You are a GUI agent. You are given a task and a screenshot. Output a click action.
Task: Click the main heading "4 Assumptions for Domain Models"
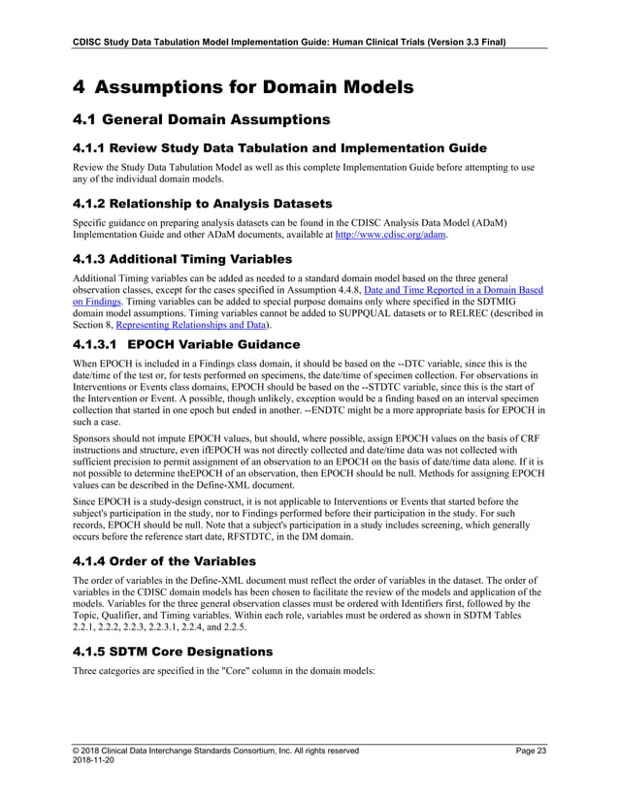[244, 87]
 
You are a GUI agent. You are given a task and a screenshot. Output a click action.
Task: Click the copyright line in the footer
[216, 751]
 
